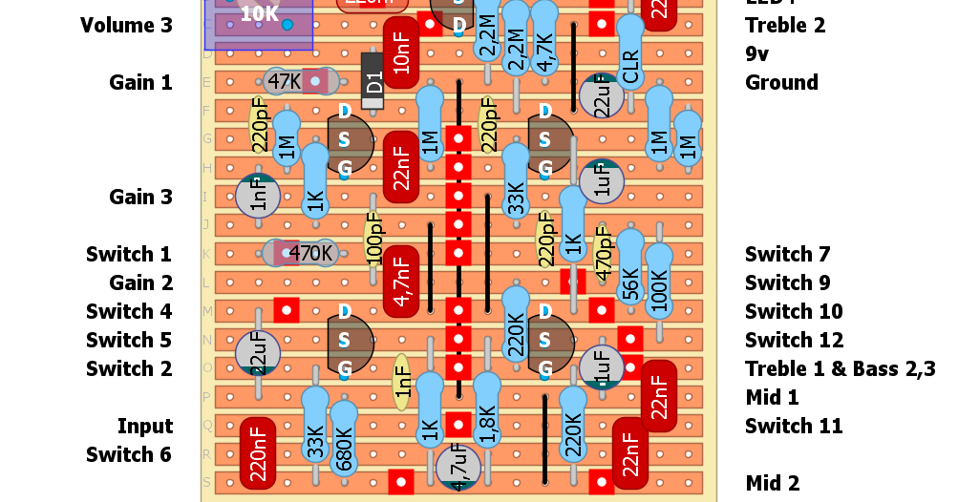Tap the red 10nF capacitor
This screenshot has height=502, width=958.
pos(401,52)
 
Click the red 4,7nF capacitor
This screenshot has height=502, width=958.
pos(401,282)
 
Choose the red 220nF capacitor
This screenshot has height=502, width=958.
pos(258,453)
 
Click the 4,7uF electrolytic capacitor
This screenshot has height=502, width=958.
pos(458,468)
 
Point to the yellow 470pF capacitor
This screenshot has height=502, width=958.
pos(602,254)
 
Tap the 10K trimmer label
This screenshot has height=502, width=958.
pos(259,14)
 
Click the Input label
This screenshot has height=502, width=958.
pos(145,426)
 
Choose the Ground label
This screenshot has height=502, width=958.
pos(781,82)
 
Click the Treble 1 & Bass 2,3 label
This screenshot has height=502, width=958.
pos(840,368)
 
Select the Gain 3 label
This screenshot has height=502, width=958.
pos(140,197)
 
